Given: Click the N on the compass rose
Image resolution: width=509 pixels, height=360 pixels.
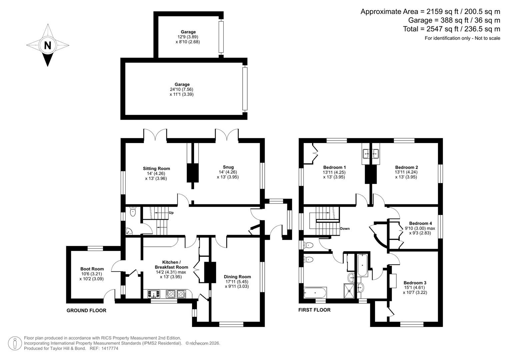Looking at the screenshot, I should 48,45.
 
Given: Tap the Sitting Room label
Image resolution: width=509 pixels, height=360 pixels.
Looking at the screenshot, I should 156,169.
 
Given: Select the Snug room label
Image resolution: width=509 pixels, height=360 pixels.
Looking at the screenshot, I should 228,167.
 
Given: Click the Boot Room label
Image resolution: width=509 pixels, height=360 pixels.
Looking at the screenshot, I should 92,269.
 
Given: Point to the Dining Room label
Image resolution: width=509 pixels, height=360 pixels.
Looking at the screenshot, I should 237,277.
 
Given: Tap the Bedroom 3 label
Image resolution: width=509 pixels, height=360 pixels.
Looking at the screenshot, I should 415,283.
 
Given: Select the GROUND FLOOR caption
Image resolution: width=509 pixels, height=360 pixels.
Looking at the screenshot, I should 86,311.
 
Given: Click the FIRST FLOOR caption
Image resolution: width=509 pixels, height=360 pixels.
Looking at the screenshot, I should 314,310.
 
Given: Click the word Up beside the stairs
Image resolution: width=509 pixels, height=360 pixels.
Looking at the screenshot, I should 171,213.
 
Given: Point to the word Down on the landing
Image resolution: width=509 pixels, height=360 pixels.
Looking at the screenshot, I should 345,229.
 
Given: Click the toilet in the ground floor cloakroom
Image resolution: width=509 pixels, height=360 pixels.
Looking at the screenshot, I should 133,211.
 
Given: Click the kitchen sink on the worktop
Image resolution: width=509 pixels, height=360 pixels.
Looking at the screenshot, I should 154,294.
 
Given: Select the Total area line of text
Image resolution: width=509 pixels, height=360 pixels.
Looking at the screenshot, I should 451,29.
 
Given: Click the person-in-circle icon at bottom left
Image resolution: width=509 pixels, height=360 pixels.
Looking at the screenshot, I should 15,343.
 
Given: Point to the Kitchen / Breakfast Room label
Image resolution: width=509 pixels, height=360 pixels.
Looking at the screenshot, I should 171,265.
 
